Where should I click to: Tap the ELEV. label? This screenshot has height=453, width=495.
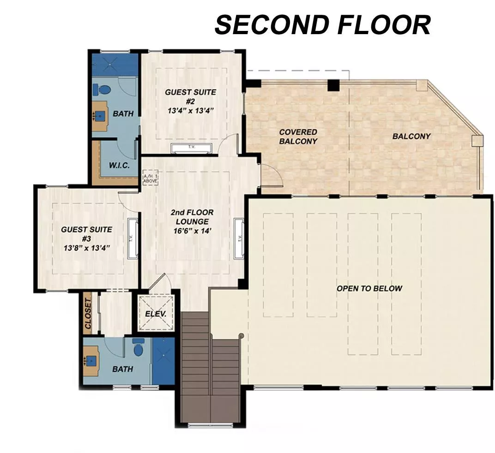[x=156, y=314]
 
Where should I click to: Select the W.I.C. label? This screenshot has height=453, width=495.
[x=119, y=165]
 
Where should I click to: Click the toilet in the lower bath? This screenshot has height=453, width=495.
[x=138, y=348]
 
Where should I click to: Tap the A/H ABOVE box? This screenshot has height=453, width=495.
[x=150, y=179]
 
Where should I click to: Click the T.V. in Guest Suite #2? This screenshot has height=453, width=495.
[x=191, y=148]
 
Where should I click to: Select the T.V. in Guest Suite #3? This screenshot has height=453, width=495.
[x=133, y=238]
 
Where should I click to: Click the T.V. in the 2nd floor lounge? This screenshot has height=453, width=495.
[x=239, y=238]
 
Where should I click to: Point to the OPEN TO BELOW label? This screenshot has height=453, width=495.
[x=369, y=288]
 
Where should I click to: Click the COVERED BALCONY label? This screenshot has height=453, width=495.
[x=298, y=137]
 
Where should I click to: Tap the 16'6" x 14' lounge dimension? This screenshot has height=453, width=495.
[x=192, y=231]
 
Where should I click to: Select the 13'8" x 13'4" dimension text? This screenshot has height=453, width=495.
[x=86, y=248]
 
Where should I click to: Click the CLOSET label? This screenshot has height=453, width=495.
[x=88, y=313]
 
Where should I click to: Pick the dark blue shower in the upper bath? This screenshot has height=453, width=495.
[x=115, y=65]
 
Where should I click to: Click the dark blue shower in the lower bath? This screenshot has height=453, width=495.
[x=163, y=361]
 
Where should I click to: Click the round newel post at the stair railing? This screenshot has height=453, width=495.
[x=241, y=335]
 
